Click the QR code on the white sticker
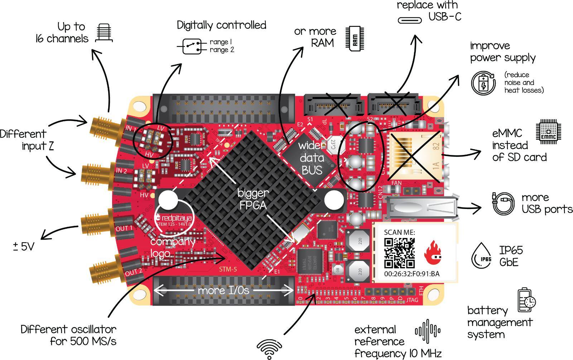[399, 253]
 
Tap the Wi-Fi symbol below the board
[269, 349]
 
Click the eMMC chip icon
[548, 132]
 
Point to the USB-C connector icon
[412, 19]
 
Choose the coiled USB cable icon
[504, 203]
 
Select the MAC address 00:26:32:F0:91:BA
[411, 274]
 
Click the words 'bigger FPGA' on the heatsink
[254, 199]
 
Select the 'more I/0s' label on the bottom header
[223, 290]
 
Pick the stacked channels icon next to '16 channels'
[104, 33]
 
